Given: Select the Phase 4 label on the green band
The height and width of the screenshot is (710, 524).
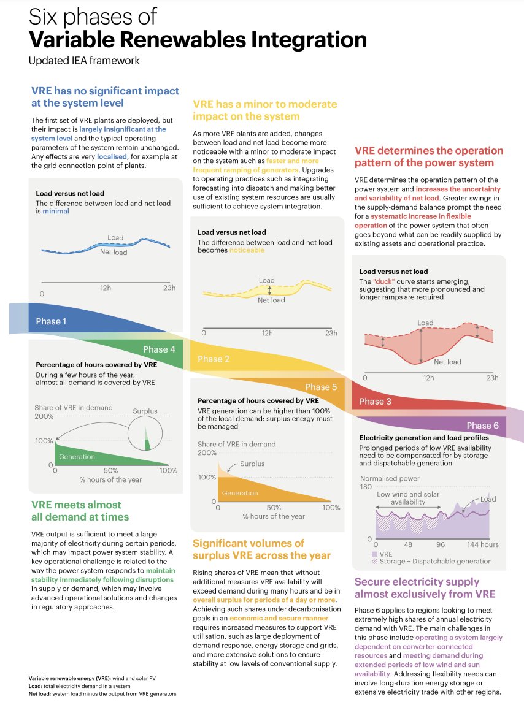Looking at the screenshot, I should coord(159,349).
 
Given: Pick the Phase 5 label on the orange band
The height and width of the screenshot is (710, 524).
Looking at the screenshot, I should coord(321,387).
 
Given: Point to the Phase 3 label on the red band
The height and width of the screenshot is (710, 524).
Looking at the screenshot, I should coord(375,402).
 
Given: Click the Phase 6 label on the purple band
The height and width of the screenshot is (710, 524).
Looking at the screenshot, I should coord(482,426).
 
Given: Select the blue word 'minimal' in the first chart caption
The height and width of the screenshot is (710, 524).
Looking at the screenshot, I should coord(55,211).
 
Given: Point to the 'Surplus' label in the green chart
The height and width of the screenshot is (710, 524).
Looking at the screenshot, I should coord(145,411).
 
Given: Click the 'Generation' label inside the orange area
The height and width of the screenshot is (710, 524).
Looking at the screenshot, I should coord(240,493).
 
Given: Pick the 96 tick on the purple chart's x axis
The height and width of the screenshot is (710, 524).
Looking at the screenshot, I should coord(440,544).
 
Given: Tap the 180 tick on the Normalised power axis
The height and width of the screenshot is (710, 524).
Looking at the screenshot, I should coord(366,487).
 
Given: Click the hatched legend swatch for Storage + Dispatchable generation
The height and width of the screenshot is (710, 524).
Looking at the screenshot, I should coord(374,561).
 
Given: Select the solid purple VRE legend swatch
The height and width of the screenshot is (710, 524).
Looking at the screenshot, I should coord(374,554).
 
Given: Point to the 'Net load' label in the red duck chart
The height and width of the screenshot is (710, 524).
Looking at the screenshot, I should coord(447,362).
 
